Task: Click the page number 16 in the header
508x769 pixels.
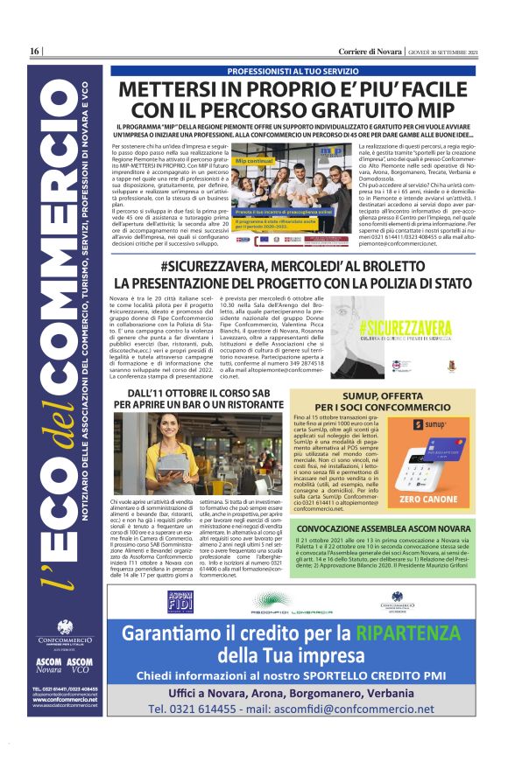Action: pos(36,51)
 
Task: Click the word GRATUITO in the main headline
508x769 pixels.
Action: pos(355,110)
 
